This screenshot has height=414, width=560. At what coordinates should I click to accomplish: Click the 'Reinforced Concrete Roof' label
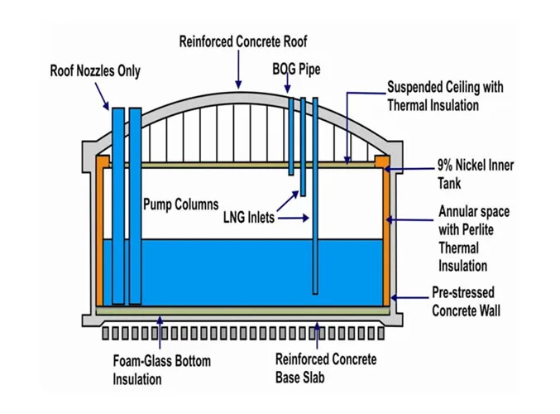[x=243, y=41]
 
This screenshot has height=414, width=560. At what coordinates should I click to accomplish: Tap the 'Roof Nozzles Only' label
[x=95, y=70]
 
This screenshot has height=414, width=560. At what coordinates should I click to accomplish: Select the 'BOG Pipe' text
[x=296, y=69]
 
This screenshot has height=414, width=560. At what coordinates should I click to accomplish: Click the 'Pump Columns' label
[x=180, y=205]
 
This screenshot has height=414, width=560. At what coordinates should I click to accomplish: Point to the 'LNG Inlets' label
[x=249, y=218]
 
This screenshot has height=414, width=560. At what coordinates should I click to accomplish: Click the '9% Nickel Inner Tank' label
[x=476, y=174]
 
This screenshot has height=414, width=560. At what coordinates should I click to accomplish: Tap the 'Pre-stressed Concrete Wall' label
[x=466, y=301]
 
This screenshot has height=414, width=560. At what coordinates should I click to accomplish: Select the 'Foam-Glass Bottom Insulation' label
[x=162, y=369]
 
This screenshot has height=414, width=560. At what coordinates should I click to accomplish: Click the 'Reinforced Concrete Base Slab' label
[x=326, y=368]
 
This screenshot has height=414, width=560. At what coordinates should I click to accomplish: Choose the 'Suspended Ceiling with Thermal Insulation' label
[x=445, y=96]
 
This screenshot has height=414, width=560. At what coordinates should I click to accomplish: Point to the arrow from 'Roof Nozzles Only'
[x=102, y=96]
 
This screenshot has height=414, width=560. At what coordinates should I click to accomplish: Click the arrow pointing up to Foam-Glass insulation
[x=160, y=333]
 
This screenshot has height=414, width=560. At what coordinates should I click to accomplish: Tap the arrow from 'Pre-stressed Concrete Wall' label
[x=409, y=297]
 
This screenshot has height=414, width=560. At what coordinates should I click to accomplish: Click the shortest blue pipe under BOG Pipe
[x=291, y=137]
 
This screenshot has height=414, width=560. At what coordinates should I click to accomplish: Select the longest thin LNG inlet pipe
[x=315, y=196]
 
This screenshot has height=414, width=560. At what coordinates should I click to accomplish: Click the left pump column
[x=118, y=206]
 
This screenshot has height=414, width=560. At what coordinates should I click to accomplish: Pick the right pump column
[x=136, y=206]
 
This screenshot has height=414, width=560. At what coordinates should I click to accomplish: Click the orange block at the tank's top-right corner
[x=381, y=161]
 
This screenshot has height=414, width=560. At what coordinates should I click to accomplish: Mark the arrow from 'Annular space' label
[x=410, y=219]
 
